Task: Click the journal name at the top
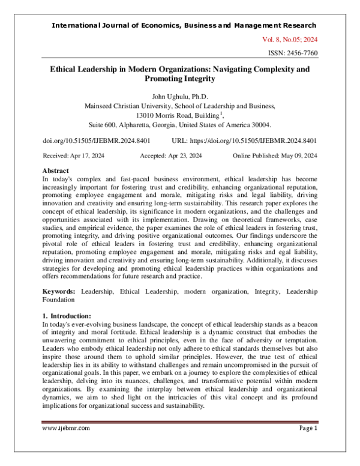click(x=184, y=25)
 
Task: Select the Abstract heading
click(x=56, y=171)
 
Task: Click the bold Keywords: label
click(x=59, y=290)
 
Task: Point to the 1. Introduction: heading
click(x=67, y=315)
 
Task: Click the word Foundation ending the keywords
click(x=59, y=298)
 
